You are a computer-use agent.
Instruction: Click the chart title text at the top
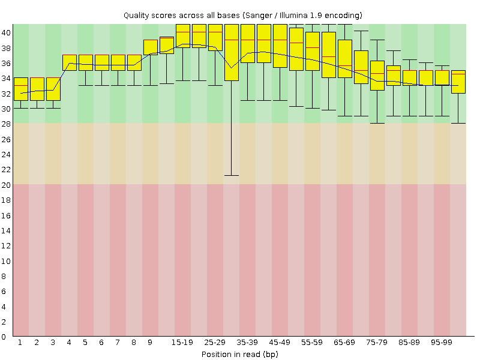pos(242,14)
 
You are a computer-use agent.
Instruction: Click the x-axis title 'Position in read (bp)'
pos(239,354)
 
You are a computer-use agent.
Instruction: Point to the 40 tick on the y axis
pos(6,32)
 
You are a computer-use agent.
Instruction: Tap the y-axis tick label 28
pos(6,124)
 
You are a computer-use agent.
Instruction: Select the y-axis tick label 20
pos(6,185)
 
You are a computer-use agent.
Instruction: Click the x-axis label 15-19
pos(182,342)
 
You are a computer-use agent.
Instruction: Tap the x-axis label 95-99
pos(442,342)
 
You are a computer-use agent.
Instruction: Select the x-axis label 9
pos(150,342)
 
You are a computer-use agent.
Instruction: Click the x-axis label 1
pos(20,342)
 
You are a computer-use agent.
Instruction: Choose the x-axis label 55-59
pos(312,342)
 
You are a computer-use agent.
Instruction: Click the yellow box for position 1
pos(20,89)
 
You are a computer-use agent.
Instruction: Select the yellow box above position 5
pos(85,62)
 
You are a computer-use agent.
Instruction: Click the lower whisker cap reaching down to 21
pos(231,175)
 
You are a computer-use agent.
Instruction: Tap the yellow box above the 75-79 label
pos(377,76)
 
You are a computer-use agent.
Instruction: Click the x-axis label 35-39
pos(247,342)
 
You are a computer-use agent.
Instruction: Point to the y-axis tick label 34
pos(6,78)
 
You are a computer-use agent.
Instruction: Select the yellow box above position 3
pos(53,89)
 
